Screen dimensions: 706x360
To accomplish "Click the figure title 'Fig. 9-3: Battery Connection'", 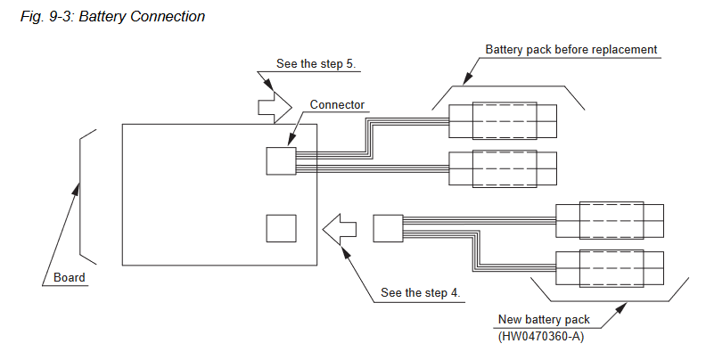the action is click(x=112, y=17).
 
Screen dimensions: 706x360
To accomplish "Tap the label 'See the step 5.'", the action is click(x=316, y=64).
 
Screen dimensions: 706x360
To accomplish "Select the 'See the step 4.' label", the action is click(x=421, y=293).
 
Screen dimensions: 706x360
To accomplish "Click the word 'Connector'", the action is click(x=337, y=104).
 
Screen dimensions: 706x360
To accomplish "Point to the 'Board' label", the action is click(x=70, y=277).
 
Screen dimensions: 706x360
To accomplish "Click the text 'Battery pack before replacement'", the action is click(x=571, y=50).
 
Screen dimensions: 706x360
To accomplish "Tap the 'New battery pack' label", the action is click(x=544, y=320).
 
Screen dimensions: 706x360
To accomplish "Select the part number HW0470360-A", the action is click(x=541, y=336).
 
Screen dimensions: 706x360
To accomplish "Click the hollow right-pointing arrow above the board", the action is click(x=275, y=107).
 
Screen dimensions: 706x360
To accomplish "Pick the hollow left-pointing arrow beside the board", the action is click(x=340, y=229).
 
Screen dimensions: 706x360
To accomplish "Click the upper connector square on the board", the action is click(x=281, y=161).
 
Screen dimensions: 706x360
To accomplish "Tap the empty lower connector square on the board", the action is click(x=281, y=229).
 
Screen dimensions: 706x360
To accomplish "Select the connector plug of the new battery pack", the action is click(x=388, y=228).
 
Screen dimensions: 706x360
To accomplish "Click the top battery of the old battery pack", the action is click(x=503, y=121).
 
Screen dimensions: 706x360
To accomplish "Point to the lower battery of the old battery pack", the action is click(x=503, y=168).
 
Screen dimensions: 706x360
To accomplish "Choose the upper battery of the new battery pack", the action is click(x=610, y=220).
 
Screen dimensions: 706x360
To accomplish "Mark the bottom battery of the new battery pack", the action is click(x=610, y=268).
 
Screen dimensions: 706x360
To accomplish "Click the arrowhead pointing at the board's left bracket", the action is click(x=77, y=189).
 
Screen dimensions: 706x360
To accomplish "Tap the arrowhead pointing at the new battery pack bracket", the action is click(x=620, y=307).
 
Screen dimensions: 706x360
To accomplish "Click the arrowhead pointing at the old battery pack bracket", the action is click(x=468, y=78).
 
